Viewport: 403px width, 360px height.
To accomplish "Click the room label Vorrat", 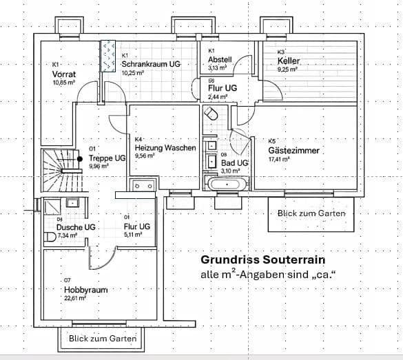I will (x=64, y=73).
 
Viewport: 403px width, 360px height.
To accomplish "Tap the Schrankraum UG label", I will (x=151, y=64).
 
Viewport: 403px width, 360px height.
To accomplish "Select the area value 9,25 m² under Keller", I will (x=287, y=70).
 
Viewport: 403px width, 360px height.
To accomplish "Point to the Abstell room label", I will (x=220, y=60).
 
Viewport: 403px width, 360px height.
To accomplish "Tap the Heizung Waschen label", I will (x=165, y=148).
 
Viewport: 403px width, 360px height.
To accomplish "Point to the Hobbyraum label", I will (x=85, y=290).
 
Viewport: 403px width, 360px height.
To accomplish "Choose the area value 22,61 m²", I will (x=75, y=298).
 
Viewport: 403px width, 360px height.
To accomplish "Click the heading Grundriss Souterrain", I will (x=262, y=260).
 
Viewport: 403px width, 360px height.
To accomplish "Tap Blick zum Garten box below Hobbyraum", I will (x=102, y=338).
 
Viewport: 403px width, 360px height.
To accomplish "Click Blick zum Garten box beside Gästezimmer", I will (x=311, y=213).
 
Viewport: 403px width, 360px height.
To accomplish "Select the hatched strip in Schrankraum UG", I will (x=108, y=56).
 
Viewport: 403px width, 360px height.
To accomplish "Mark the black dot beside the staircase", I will (x=81, y=159).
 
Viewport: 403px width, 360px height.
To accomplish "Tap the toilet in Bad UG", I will (x=213, y=113).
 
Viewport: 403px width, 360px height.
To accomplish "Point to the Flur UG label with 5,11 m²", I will (x=136, y=226).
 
